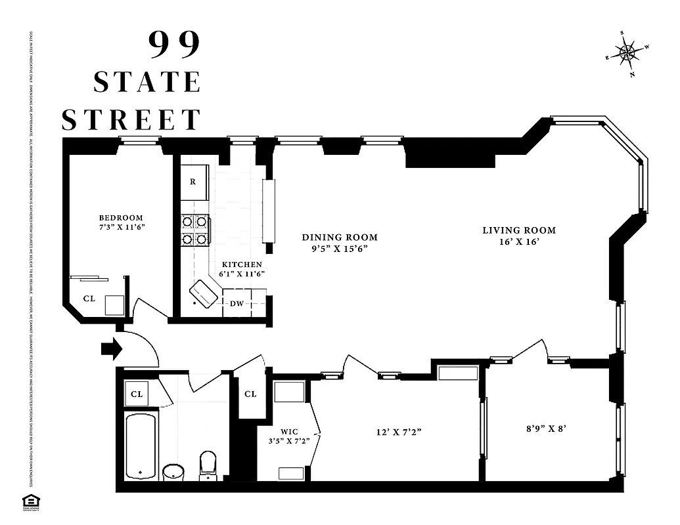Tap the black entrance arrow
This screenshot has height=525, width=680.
(112, 348)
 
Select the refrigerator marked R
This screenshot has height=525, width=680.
(193, 181)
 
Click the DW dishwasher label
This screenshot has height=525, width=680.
(236, 303)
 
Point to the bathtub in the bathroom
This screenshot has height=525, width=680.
(141, 446)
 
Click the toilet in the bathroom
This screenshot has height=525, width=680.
(208, 465)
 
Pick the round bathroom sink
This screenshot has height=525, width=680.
(174, 472)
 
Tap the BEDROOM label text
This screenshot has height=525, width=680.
(121, 218)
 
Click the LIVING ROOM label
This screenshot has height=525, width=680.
(519, 230)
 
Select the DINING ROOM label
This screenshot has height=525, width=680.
(340, 238)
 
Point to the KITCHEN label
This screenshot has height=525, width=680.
(242, 264)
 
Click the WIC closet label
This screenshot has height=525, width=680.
(289, 431)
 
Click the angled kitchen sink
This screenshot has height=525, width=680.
(204, 293)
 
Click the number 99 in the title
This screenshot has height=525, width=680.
(173, 45)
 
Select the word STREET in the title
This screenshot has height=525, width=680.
(131, 119)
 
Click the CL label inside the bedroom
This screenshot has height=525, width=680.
(89, 299)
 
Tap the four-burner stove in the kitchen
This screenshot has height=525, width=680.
(195, 230)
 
